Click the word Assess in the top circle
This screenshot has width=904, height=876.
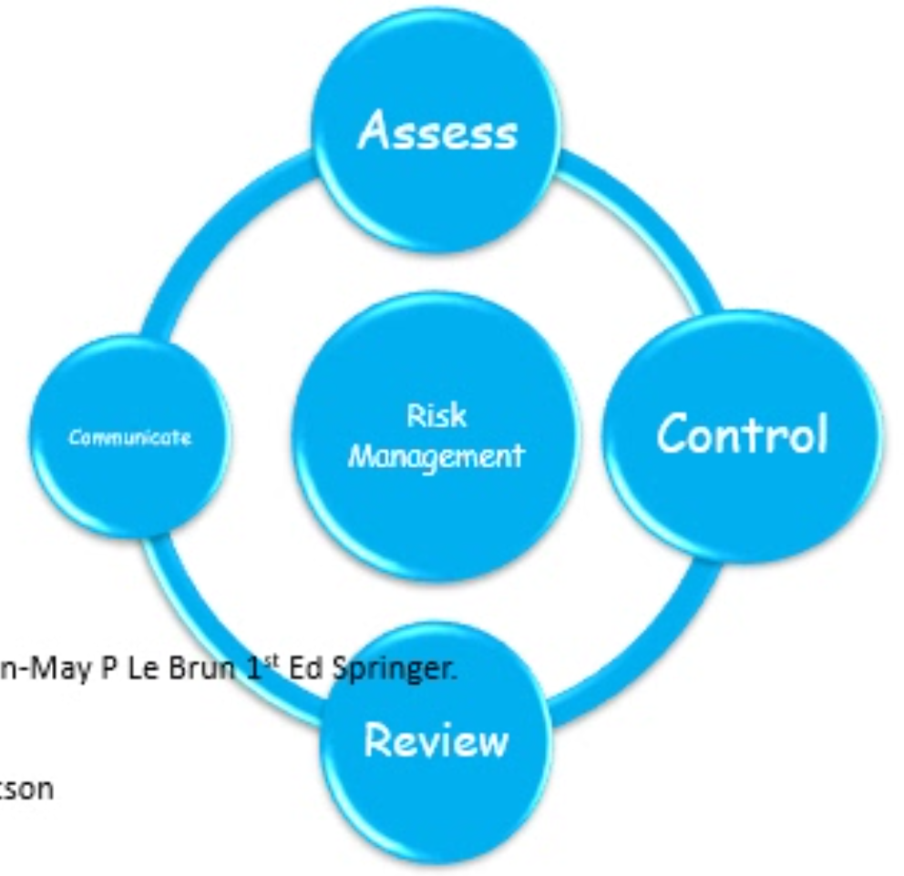click(437, 133)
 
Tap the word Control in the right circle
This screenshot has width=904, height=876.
click(742, 433)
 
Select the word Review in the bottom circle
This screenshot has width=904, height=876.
click(437, 741)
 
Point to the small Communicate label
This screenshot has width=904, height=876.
click(129, 438)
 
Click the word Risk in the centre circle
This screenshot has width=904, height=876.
click(437, 416)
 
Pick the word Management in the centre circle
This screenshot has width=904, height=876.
click(437, 454)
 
